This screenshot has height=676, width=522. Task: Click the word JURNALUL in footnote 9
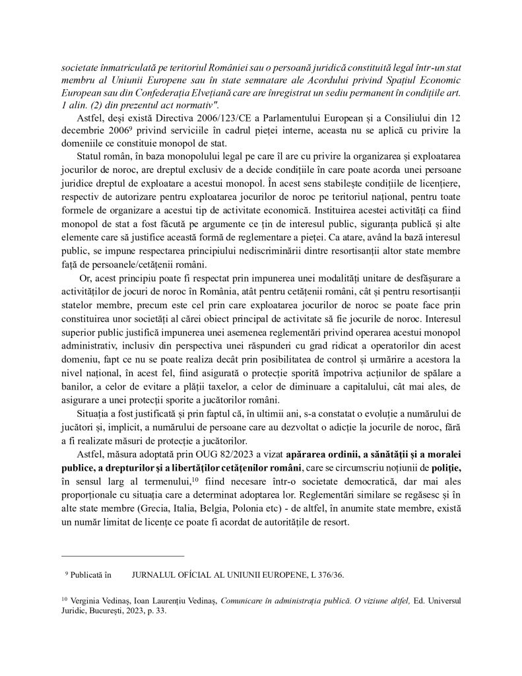(157, 575)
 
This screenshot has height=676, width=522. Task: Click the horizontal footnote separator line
(122, 557)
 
